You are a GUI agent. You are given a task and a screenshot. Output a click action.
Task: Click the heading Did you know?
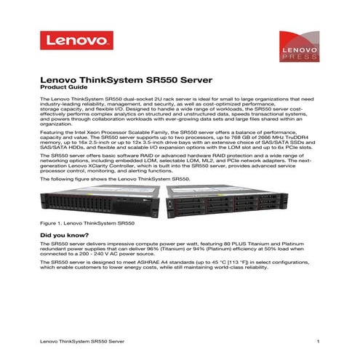(64, 236)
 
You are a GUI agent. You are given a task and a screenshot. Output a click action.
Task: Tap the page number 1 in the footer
(319, 340)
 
